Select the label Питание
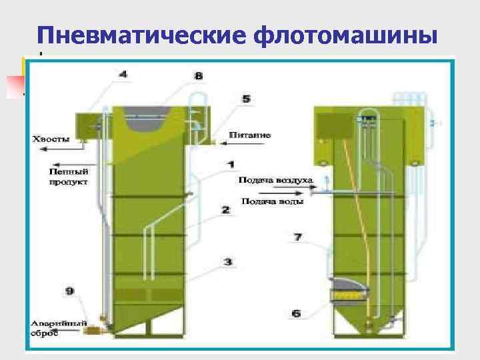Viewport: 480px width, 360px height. (250, 135)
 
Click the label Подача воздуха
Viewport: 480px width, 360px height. (275, 181)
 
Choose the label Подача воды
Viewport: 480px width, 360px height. (272, 201)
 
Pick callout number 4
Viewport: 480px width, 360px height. (124, 74)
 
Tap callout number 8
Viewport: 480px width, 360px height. (199, 76)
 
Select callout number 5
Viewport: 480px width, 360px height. (246, 99)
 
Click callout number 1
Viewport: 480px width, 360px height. (230, 163)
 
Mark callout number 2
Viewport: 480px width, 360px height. (226, 210)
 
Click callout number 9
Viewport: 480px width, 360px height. (70, 290)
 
